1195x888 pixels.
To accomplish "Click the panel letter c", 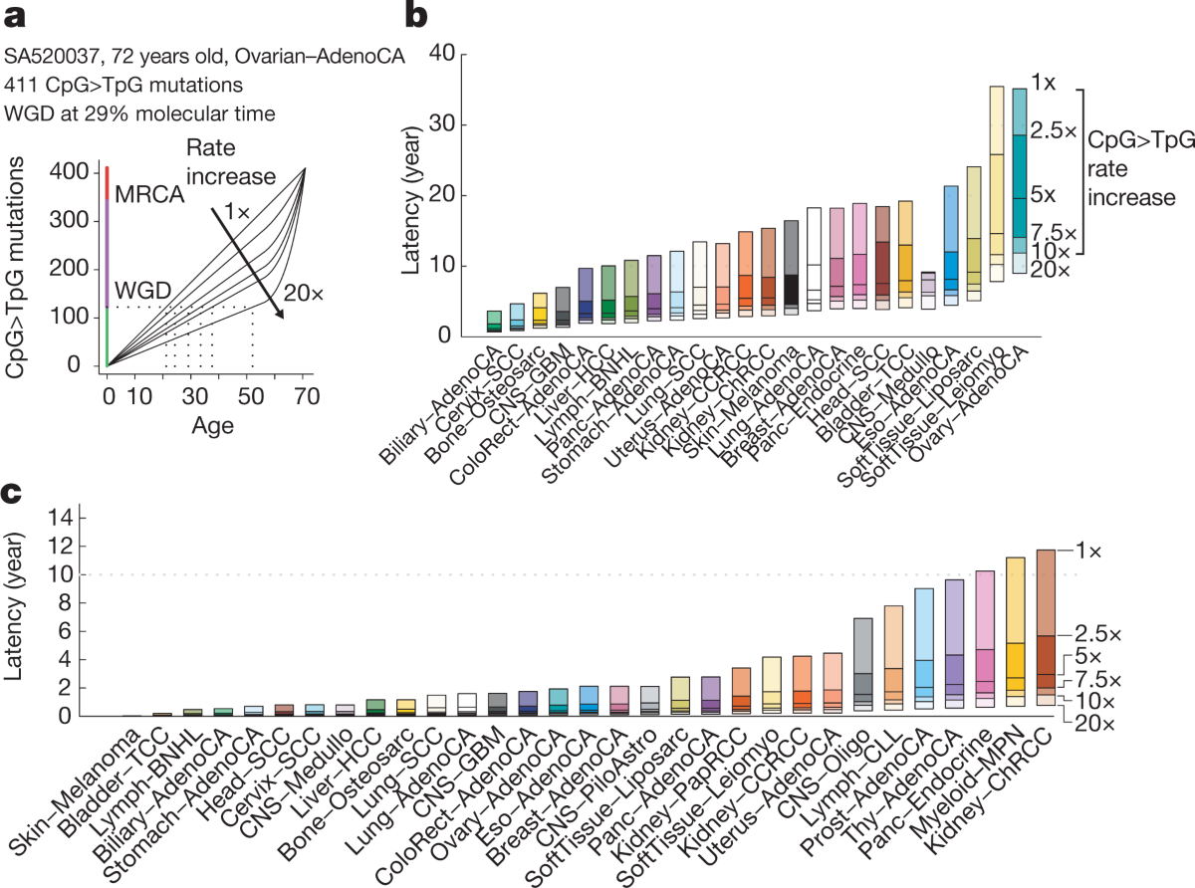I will [12, 493].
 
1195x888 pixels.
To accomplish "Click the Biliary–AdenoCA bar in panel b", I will [494, 321].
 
